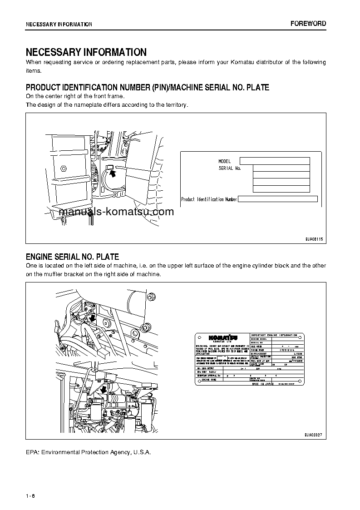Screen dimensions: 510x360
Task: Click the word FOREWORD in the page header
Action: (308, 24)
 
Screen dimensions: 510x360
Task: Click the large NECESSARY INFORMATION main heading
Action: (86, 52)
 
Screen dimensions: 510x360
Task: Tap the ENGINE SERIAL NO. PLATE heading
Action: (72, 257)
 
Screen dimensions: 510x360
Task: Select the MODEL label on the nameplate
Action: (224, 161)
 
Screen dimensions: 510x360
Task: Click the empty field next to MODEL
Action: (274, 161)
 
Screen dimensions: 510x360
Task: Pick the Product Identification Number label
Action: (209, 199)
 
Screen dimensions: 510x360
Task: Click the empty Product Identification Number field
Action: (277, 199)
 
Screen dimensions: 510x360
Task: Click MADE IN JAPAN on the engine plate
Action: (261, 384)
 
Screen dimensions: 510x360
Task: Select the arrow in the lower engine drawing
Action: (104, 391)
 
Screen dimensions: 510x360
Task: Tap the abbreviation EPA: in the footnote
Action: (33, 452)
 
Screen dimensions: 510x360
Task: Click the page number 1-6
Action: (30, 495)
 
